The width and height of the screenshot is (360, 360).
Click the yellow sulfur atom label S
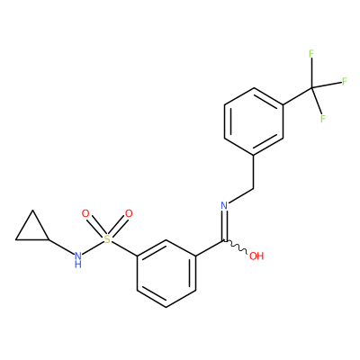click(x=107, y=239)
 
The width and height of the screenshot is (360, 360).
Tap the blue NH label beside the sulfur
click(x=78, y=260)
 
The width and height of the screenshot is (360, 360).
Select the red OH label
click(x=256, y=256)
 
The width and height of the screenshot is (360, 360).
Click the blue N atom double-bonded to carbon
click(x=224, y=205)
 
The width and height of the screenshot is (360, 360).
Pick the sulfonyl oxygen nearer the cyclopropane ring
click(x=85, y=214)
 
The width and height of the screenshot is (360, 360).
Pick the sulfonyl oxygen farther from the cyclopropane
click(x=129, y=214)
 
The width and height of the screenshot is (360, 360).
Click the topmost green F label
click(x=311, y=54)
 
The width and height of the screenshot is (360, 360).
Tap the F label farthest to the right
click(x=345, y=81)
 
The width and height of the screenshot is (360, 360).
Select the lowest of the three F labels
click(x=323, y=119)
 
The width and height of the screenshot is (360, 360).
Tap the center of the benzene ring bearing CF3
click(x=254, y=121)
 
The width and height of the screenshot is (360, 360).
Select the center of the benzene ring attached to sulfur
click(x=166, y=274)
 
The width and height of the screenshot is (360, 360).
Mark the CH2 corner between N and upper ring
click(x=254, y=189)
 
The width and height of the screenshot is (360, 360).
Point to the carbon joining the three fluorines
click(x=311, y=87)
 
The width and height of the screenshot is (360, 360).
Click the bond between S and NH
click(x=93, y=247)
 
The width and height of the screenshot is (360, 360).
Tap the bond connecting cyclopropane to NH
click(x=61, y=247)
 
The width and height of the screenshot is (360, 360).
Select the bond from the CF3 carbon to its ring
click(x=298, y=96)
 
